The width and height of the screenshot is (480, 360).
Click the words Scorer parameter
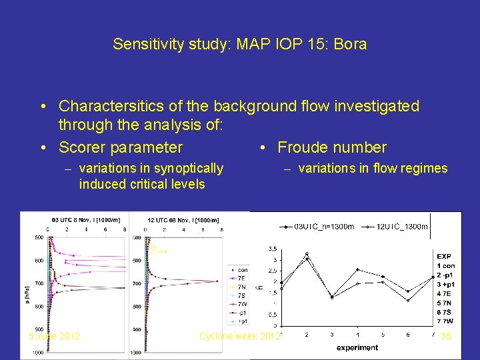[121, 147]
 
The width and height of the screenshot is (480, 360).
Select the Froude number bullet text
[331, 147]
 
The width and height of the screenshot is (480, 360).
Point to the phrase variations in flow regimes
[373, 169]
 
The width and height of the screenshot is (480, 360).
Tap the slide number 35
[446, 336]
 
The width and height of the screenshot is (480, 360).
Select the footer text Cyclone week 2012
[240, 336]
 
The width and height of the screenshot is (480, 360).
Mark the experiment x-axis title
[357, 347]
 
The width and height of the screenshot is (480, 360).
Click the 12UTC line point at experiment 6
[408, 301]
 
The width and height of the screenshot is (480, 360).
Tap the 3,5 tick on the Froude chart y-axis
[273, 248]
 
